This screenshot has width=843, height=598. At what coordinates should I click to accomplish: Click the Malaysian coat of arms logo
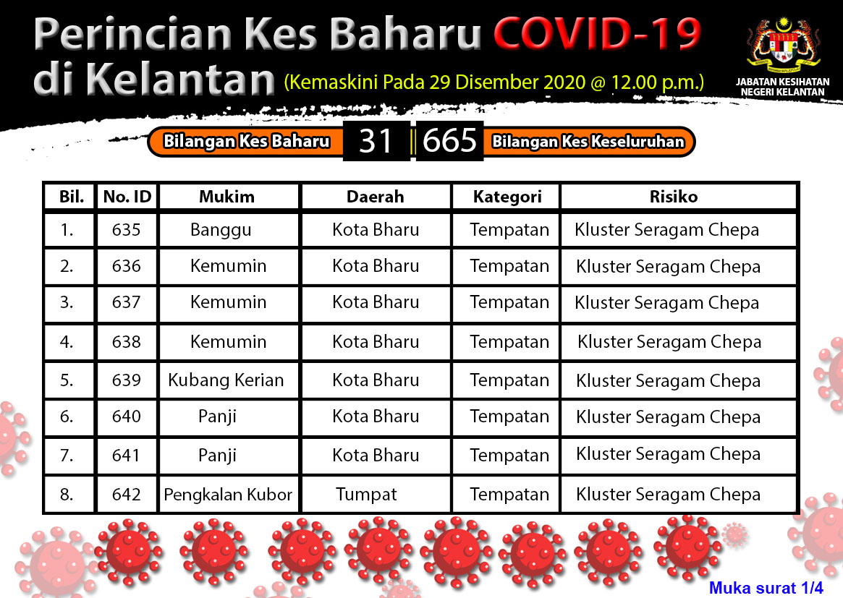pyautogui.click(x=783, y=46)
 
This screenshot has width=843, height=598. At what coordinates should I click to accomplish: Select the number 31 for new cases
pyautogui.click(x=376, y=141)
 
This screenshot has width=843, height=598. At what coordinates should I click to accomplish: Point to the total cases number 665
pyautogui.click(x=449, y=141)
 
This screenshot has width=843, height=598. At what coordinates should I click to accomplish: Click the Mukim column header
pyautogui.click(x=227, y=197)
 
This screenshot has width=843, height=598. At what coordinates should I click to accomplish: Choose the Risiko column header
pyautogui.click(x=674, y=197)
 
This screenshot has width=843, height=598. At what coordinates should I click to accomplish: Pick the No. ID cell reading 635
pyautogui.click(x=127, y=230)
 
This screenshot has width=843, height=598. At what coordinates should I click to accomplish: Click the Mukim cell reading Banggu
pyautogui.click(x=221, y=230)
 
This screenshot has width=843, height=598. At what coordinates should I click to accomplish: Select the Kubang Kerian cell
pyautogui.click(x=226, y=380)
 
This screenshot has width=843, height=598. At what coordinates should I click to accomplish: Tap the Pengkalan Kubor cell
pyautogui.click(x=228, y=495)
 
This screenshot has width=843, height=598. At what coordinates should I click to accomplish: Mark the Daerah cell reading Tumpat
pyautogui.click(x=366, y=495)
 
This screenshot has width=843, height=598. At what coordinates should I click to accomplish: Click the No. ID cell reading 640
pyautogui.click(x=127, y=417)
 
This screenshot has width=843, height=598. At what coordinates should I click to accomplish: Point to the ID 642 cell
pyautogui.click(x=127, y=495)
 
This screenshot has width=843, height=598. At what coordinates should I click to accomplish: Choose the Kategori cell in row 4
pyautogui.click(x=509, y=342)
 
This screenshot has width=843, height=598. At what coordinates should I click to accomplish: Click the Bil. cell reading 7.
pyautogui.click(x=67, y=456)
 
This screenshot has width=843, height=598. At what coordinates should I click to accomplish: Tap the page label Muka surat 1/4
pyautogui.click(x=766, y=588)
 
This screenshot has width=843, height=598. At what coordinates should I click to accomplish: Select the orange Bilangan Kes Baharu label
pyautogui.click(x=246, y=141)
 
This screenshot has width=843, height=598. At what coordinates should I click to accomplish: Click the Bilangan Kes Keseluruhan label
pyautogui.click(x=588, y=141)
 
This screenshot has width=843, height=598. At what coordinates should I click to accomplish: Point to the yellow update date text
pyautogui.click(x=494, y=82)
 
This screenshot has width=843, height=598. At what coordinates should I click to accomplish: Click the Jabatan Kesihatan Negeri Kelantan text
pyautogui.click(x=783, y=87)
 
